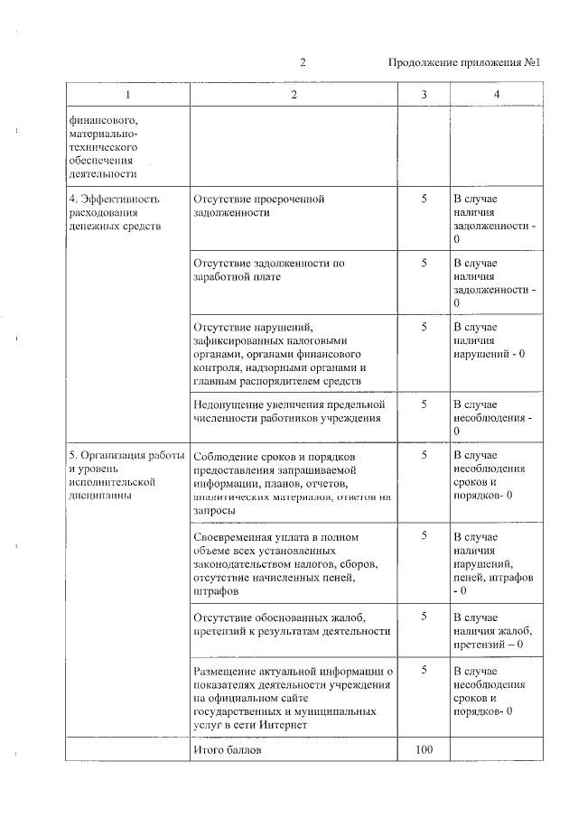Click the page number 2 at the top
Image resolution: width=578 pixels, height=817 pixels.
point(303,63)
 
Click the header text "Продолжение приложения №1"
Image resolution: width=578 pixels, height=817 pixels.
point(463,63)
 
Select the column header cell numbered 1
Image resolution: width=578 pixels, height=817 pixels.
point(126,95)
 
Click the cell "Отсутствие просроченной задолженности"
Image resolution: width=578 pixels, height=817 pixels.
point(258,205)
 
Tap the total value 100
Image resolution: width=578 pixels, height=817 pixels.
point(424,750)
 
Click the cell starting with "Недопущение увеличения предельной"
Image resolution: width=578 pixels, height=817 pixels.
point(289,411)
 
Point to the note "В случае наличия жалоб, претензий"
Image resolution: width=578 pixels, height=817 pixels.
point(492,631)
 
